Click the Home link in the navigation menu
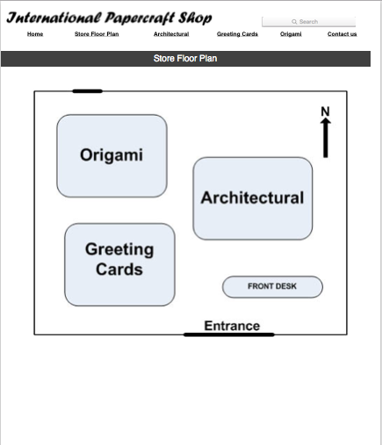click(35, 34)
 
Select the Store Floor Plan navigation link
click(97, 34)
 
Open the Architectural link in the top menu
click(171, 34)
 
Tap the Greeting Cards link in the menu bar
click(237, 34)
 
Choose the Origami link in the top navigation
click(291, 34)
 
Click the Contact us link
click(342, 34)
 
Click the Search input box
click(308, 22)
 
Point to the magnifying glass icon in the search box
click(294, 22)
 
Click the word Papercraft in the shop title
click(139, 18)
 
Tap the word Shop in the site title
click(195, 18)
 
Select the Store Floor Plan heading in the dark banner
click(185, 59)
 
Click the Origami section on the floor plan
click(112, 155)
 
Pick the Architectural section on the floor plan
click(253, 198)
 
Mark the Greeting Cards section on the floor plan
click(119, 265)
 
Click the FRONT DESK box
click(272, 287)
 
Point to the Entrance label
click(232, 326)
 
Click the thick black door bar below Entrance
click(229, 334)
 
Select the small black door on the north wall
click(87, 91)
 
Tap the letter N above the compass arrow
click(325, 111)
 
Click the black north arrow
click(326, 138)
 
